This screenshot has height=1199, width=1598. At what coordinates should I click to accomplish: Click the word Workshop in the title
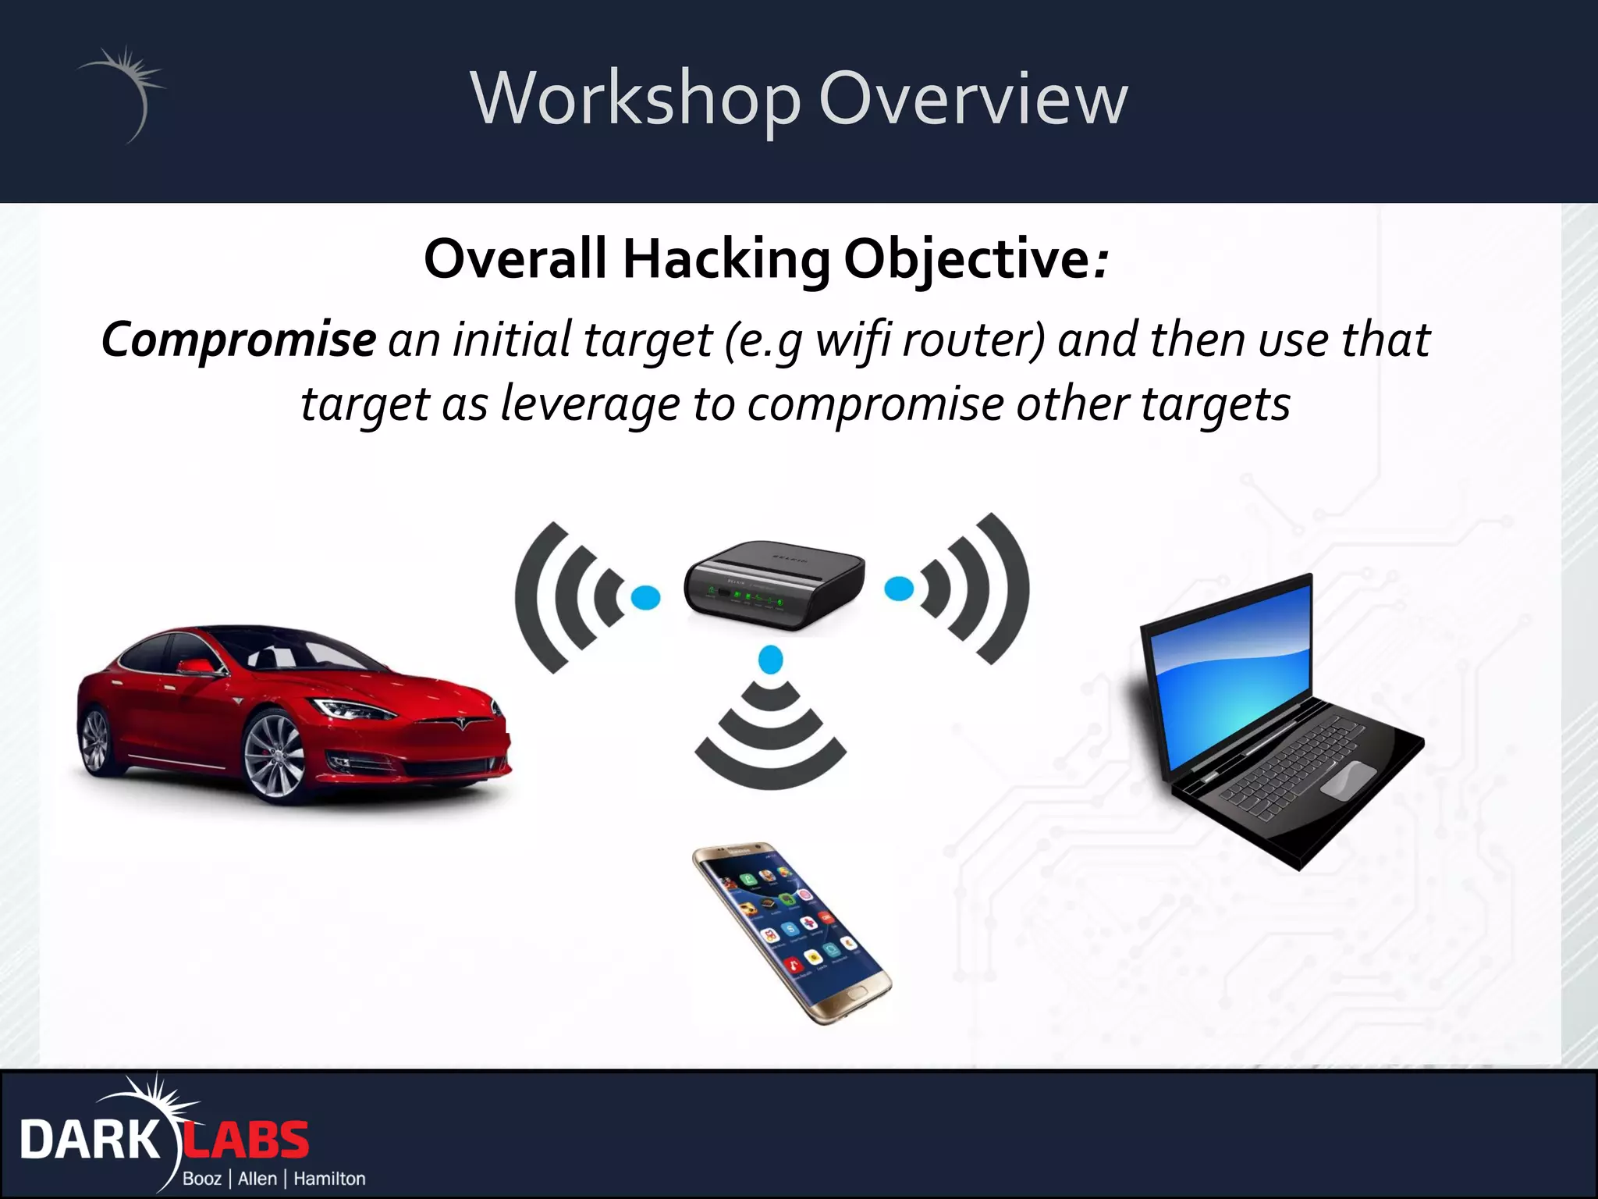tap(636, 99)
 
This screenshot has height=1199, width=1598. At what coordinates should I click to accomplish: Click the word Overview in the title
tap(972, 99)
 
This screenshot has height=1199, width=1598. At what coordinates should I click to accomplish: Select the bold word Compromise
tap(239, 340)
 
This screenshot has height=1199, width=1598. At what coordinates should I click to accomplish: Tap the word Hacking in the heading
tap(726, 259)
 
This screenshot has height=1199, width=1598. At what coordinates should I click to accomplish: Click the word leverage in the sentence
tap(590, 404)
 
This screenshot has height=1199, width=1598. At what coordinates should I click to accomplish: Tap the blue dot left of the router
tap(645, 598)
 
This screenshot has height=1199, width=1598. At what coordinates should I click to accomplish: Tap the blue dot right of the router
tap(899, 588)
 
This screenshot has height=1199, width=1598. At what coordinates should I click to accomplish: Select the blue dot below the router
tap(771, 660)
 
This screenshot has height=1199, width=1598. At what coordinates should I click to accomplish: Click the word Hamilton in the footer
tap(329, 1179)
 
